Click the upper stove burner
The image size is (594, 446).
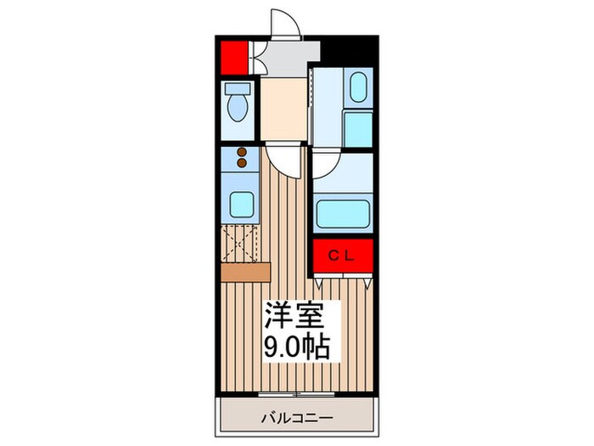[x=242, y=153]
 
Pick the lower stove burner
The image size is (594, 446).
[x=242, y=163]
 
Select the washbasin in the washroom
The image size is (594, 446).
[x=357, y=87]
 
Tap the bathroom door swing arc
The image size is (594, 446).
[x=328, y=162]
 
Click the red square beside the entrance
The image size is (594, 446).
[x=233, y=58]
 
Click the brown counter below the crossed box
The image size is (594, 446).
[x=244, y=272]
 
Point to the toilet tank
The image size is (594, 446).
[x=236, y=88]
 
